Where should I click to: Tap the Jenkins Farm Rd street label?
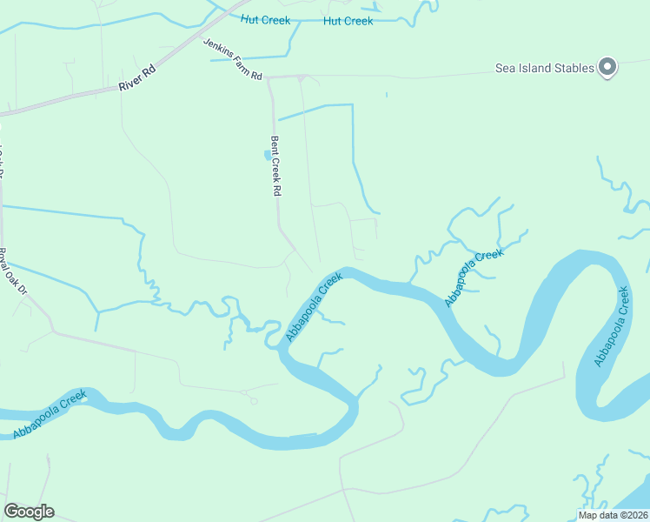coord(232,59)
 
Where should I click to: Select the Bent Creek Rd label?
coord(277,165)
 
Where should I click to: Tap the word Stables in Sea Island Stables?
coord(574,68)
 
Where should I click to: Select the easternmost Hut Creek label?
coord(348,21)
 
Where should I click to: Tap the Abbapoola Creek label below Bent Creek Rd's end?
coord(315,307)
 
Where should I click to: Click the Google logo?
coord(29,512)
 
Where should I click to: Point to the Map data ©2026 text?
coord(614,515)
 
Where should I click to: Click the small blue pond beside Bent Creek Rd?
coord(267,156)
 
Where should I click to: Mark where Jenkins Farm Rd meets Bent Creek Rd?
coord(269,77)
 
